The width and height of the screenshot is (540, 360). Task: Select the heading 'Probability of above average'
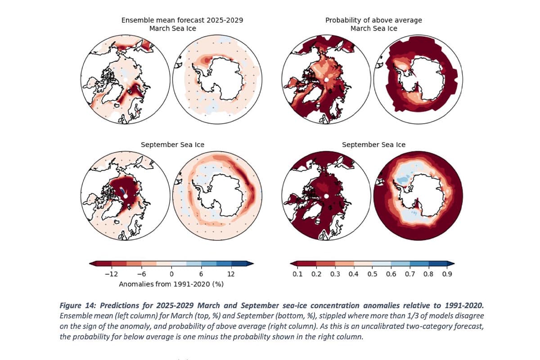(x=373, y=20)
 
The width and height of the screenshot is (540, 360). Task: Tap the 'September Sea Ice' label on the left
(x=172, y=145)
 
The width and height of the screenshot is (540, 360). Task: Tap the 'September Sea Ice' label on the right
(x=373, y=145)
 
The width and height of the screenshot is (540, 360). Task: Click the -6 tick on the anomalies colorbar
(x=141, y=274)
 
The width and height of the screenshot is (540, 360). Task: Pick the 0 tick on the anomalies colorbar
(x=171, y=274)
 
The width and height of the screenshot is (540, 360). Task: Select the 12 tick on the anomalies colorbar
(x=231, y=274)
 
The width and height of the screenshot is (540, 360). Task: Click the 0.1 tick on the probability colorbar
(x=297, y=274)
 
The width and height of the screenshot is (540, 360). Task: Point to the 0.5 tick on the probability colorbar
(x=372, y=274)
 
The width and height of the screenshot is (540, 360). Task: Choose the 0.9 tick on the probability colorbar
(x=447, y=274)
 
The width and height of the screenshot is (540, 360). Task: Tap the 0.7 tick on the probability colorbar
(x=409, y=274)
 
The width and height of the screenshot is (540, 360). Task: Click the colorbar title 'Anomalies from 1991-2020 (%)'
(x=171, y=284)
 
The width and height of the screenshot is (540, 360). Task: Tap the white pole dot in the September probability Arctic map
(x=325, y=197)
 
